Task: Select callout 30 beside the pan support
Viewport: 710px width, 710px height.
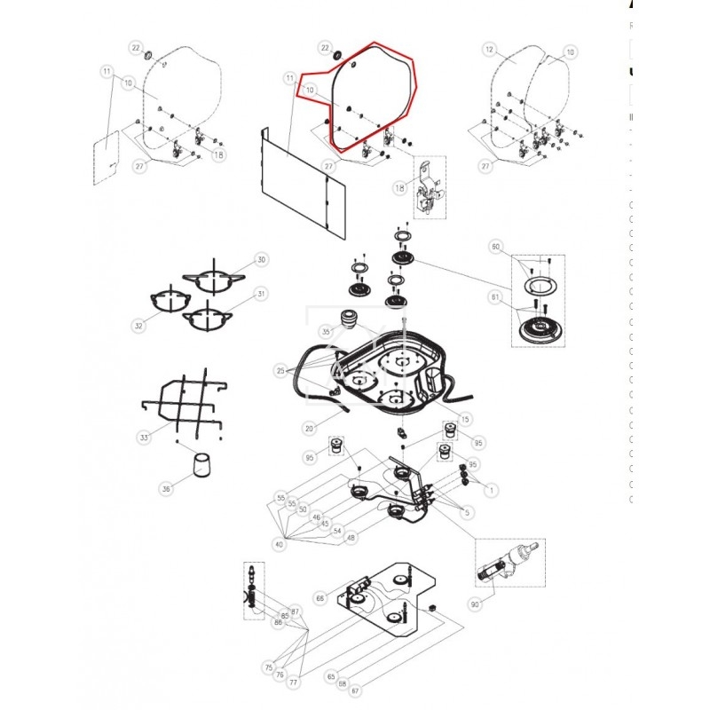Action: [x=261, y=259]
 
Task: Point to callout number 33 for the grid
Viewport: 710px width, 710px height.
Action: [x=145, y=438]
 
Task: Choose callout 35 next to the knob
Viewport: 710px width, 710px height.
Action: [x=326, y=331]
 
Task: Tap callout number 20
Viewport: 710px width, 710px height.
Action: [x=309, y=429]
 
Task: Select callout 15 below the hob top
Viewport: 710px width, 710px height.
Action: [x=465, y=419]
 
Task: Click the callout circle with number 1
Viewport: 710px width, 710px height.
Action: [x=493, y=489]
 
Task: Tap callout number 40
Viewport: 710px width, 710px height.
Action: [x=279, y=544]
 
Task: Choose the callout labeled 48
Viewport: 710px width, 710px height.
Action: [x=351, y=537]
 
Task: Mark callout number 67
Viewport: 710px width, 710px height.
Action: [x=354, y=691]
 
